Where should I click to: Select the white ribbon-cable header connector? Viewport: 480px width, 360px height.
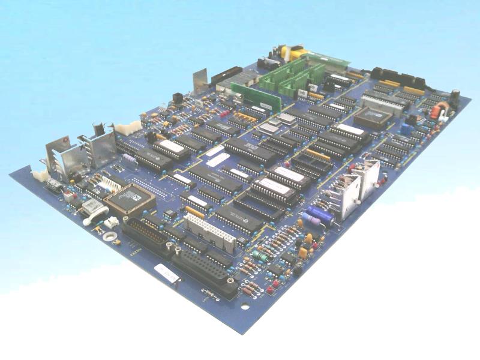[209, 232]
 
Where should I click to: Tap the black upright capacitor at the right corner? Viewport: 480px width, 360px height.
[455, 96]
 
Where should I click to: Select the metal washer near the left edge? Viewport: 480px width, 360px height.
[110, 236]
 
